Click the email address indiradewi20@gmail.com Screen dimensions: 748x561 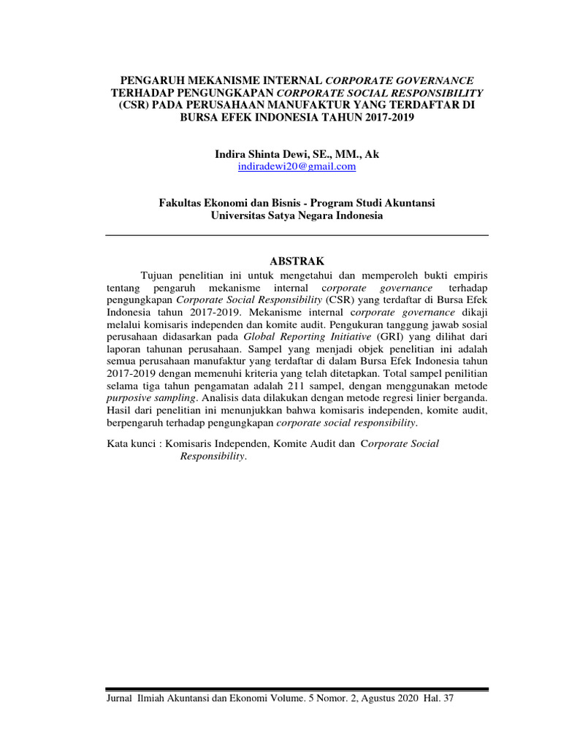tap(297, 167)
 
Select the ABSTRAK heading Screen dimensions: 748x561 tap(297, 261)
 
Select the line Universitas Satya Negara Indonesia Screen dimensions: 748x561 tap(297, 215)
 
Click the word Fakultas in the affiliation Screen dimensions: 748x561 tap(180, 203)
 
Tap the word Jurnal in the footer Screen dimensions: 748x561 tap(120, 699)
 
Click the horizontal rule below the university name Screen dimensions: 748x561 tap(297, 235)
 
